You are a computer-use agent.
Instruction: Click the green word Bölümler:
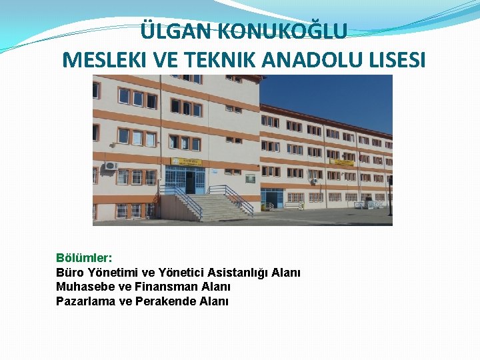(85, 257)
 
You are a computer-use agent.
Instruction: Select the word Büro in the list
(69, 272)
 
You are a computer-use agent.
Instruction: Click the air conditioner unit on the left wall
(110, 165)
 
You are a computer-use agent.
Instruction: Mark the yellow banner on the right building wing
(342, 162)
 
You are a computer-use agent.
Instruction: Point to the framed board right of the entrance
(250, 179)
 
